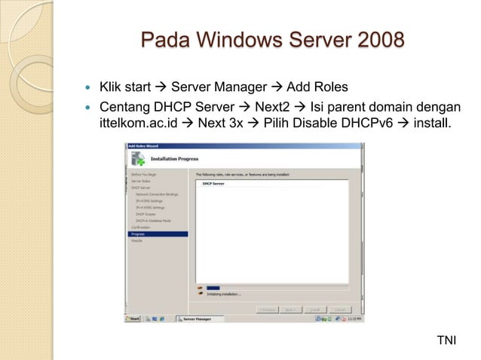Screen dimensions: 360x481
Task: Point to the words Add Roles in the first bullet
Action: tap(317, 87)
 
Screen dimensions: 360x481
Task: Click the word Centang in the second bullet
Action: tap(124, 104)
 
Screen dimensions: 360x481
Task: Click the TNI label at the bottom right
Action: tap(447, 342)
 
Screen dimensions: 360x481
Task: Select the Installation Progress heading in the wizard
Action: tap(176, 160)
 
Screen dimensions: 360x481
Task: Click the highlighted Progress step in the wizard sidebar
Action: tap(138, 234)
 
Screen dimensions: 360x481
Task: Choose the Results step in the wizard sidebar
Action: tap(136, 240)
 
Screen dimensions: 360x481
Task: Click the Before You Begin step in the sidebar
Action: tap(143, 174)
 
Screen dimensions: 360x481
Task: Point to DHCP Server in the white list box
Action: tap(213, 183)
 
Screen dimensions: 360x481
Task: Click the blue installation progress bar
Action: tap(213, 287)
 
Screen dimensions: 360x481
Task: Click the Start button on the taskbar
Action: tap(134, 319)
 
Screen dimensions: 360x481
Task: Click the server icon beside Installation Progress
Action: tap(138, 159)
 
